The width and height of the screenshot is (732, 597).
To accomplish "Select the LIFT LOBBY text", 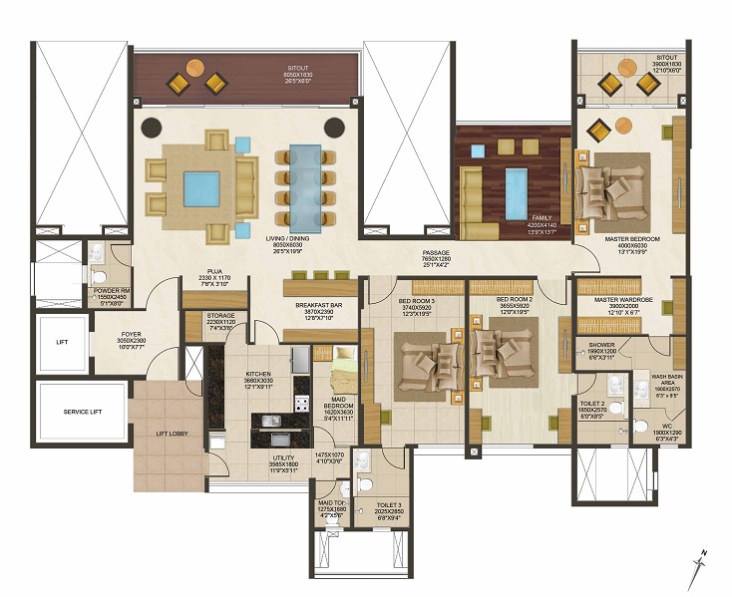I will point(161,432).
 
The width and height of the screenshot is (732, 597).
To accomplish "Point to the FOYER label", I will point(132,335).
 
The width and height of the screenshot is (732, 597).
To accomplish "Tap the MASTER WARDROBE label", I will point(622,299).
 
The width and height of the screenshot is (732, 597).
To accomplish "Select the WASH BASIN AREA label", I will point(666,378).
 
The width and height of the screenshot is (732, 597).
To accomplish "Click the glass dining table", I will point(305,185).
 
